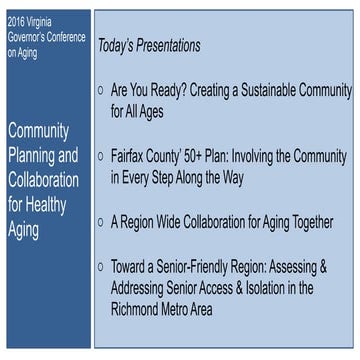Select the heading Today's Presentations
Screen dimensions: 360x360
click(149, 46)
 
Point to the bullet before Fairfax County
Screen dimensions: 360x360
click(101, 157)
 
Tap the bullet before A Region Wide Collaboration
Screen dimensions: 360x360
click(101, 222)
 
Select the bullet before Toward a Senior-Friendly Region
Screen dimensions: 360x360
click(101, 267)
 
